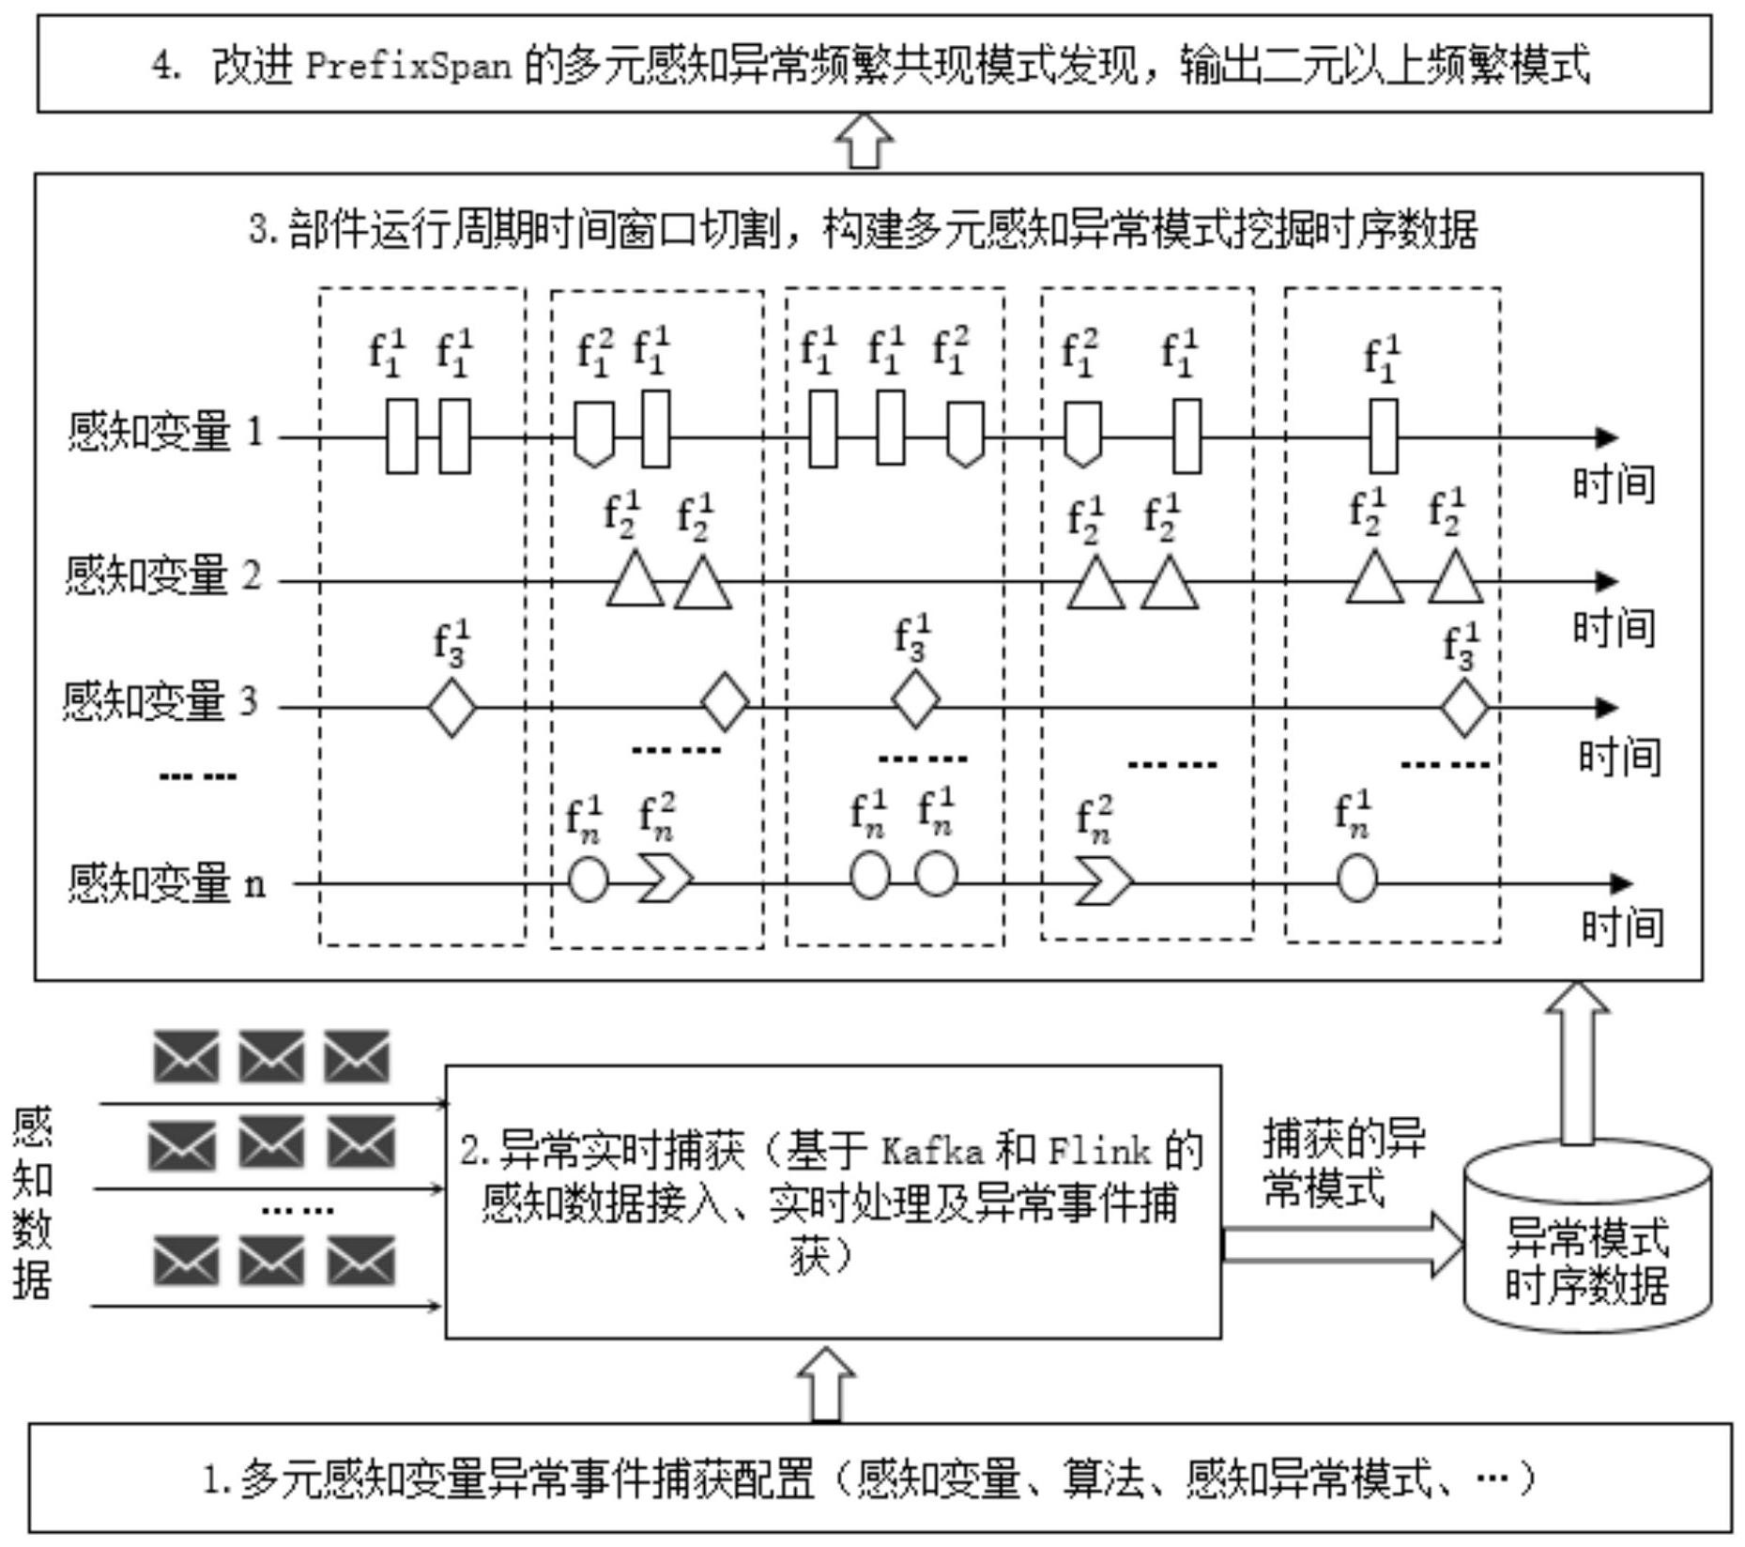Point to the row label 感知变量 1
click(x=165, y=433)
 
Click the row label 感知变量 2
click(x=163, y=574)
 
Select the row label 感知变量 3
click(x=160, y=701)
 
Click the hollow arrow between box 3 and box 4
click(x=864, y=142)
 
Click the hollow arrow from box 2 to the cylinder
click(x=1342, y=1245)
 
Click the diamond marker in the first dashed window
click(x=452, y=707)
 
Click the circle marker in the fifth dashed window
click(x=1355, y=881)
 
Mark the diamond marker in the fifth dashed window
click(x=1463, y=708)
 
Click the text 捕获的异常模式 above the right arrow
click(x=1342, y=1162)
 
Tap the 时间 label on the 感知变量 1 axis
click(x=1613, y=484)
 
